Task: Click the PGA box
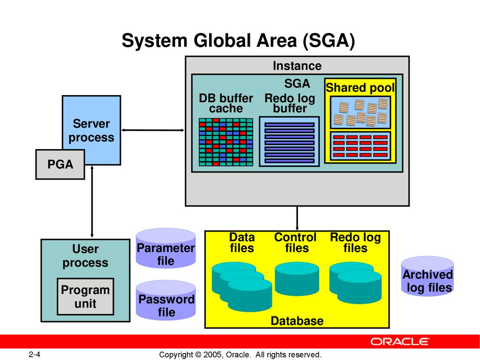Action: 60,165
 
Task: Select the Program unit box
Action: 85,297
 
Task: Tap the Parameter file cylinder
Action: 165,248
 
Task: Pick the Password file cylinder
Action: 165,300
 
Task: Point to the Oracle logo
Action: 400,341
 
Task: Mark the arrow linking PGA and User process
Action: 92,202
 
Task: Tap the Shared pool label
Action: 360,88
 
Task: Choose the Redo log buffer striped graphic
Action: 289,142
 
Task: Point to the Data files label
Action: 242,242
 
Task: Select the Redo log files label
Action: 355,242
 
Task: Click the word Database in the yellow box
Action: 297,321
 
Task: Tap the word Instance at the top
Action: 297,66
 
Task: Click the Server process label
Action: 91,131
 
